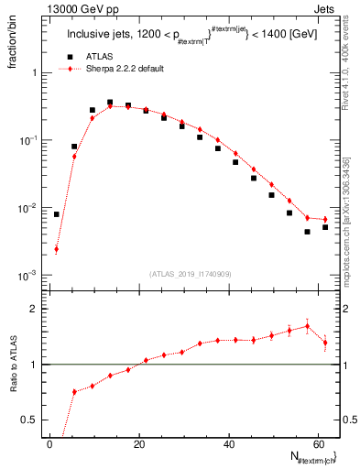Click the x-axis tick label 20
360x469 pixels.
pyautogui.click(x=139, y=444)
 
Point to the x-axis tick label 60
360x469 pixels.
pyautogui.click(x=317, y=444)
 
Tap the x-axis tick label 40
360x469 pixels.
pyautogui.click(x=228, y=444)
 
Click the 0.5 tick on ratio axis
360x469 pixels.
pyautogui.click(x=27, y=420)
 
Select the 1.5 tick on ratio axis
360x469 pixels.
pyautogui.click(x=27, y=336)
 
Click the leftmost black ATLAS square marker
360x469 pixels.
pyautogui.click(x=56, y=214)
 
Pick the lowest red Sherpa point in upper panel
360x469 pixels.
pyautogui.click(x=56, y=249)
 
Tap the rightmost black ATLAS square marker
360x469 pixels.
pyautogui.click(x=325, y=226)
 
